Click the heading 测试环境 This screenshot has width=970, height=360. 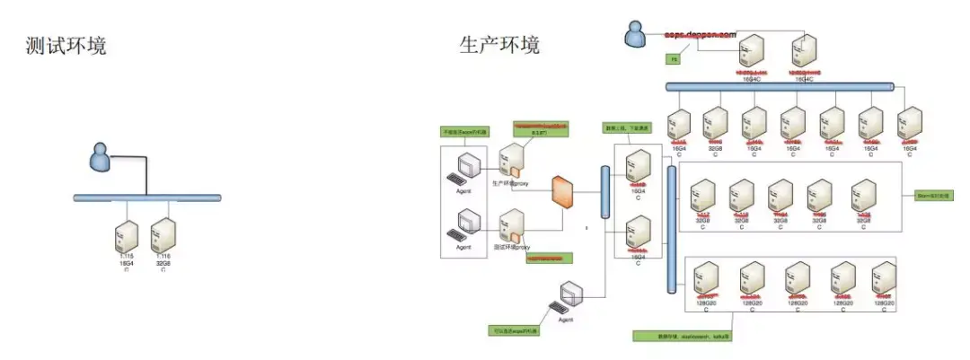pos(66,46)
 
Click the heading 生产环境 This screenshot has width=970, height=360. pos(499,44)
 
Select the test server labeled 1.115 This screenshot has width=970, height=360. pos(127,237)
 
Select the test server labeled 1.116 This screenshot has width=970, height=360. pos(163,237)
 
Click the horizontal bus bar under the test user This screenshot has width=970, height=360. pos(147,197)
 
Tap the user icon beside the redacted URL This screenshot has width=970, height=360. pos(636,34)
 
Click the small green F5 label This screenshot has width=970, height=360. pos(673,58)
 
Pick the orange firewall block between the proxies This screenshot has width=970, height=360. pos(563,193)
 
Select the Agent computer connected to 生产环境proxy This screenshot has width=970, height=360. pos(465,166)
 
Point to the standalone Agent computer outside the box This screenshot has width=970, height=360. pos(572,296)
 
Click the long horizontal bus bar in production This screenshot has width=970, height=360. pos(780,87)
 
